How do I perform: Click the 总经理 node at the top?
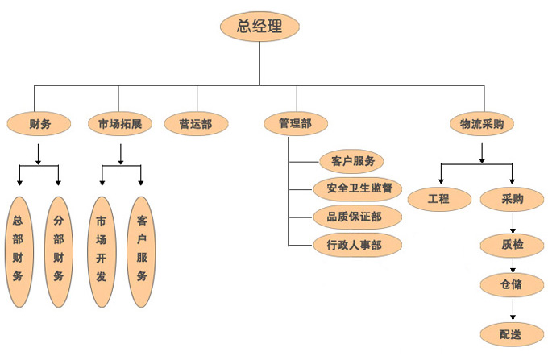point(259,26)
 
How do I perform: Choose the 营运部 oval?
point(196,123)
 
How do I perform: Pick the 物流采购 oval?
point(481,123)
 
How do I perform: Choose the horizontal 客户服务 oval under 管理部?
point(347,161)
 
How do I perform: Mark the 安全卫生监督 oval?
point(359,188)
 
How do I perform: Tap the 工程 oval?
point(439,198)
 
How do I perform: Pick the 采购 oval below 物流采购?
point(513,198)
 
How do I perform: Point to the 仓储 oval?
point(513,285)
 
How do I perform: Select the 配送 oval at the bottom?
point(513,333)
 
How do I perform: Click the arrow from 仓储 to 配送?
point(513,308)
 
